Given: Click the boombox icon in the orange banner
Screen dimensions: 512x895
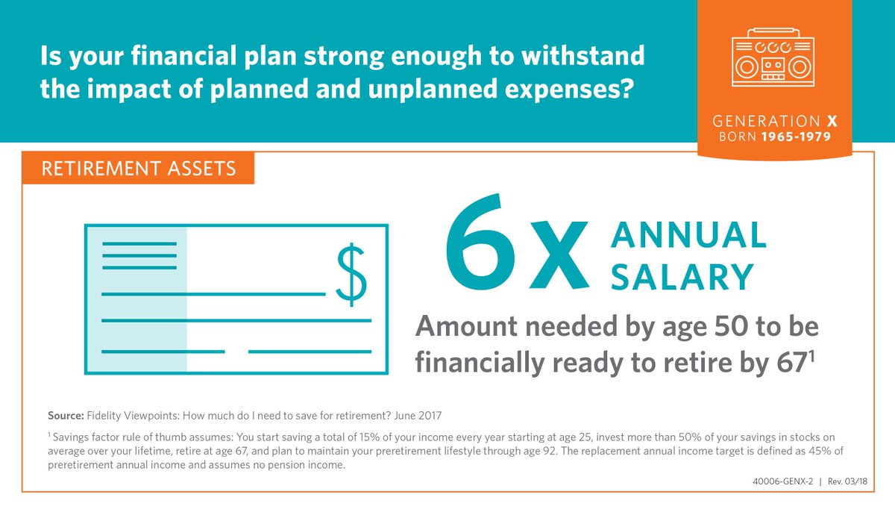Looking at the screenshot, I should (x=773, y=59).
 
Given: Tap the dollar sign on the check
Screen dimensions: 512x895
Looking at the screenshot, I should (x=351, y=274).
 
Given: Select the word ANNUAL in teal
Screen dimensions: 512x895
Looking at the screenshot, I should (x=688, y=236).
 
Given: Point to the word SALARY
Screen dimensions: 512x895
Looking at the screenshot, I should (x=682, y=277).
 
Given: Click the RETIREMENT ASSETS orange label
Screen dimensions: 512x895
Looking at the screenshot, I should (x=138, y=168).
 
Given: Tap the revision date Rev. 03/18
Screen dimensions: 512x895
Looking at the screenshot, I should (x=850, y=481).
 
